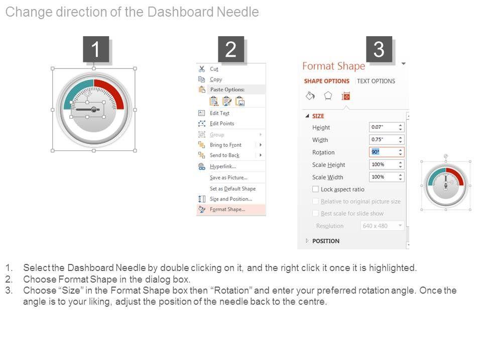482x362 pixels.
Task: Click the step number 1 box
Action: pos(96,49)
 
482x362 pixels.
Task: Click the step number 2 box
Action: pos(231,49)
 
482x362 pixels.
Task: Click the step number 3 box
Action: pos(379,49)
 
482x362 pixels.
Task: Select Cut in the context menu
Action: pos(214,69)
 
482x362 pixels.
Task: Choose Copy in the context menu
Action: pos(216,79)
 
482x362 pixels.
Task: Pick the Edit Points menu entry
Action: pos(222,124)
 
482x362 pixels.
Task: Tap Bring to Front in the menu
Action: pos(225,145)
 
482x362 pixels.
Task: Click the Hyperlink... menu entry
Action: pos(223,166)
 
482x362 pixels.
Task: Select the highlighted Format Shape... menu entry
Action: pos(227,209)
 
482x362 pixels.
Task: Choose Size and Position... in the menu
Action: pos(231,199)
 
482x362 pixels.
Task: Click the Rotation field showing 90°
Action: pos(387,152)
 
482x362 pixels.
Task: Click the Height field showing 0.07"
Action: pos(387,127)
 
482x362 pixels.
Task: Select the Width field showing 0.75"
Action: pos(387,139)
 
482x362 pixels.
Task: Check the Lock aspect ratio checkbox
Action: pos(315,189)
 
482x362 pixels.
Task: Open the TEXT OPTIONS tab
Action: pos(376,81)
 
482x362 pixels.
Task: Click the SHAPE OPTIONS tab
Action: pos(327,81)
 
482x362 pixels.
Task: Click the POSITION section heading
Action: pos(326,241)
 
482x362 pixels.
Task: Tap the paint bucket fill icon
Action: pos(310,96)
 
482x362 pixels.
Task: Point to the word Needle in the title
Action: pos(237,12)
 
